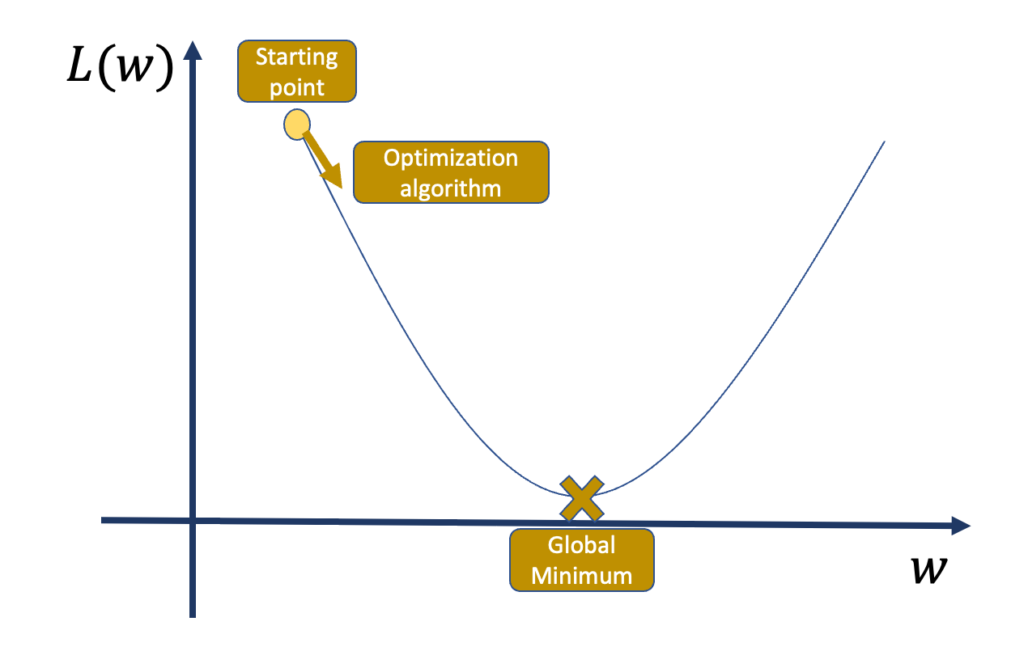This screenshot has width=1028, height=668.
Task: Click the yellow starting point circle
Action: coord(297,125)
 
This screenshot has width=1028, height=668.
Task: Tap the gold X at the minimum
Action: coord(582,499)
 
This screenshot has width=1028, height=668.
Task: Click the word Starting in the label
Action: coord(297,58)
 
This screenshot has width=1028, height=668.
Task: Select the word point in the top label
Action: coord(297,87)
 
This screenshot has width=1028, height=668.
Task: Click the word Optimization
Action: coord(451,159)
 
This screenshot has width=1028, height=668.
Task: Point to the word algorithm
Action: coord(451,188)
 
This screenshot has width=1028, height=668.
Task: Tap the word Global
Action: coord(581,546)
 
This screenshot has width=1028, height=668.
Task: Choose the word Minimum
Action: coord(581,576)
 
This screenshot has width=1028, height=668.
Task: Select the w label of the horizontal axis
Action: coord(929,570)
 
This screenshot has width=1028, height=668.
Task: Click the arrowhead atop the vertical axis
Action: coord(193,49)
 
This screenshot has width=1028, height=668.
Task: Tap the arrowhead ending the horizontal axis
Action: coord(961,526)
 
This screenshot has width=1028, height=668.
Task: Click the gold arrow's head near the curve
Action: coord(333,176)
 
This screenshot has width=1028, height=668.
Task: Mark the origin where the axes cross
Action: coord(193,520)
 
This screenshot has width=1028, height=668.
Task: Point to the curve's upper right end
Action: coord(885,142)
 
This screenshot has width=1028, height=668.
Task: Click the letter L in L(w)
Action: coord(79,65)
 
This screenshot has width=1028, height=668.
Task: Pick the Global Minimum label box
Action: coord(582,560)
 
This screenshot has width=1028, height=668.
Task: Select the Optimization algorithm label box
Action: coord(451,172)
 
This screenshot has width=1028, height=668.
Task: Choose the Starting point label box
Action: coord(297,71)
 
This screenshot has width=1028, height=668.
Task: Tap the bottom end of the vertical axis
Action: coord(193,617)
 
